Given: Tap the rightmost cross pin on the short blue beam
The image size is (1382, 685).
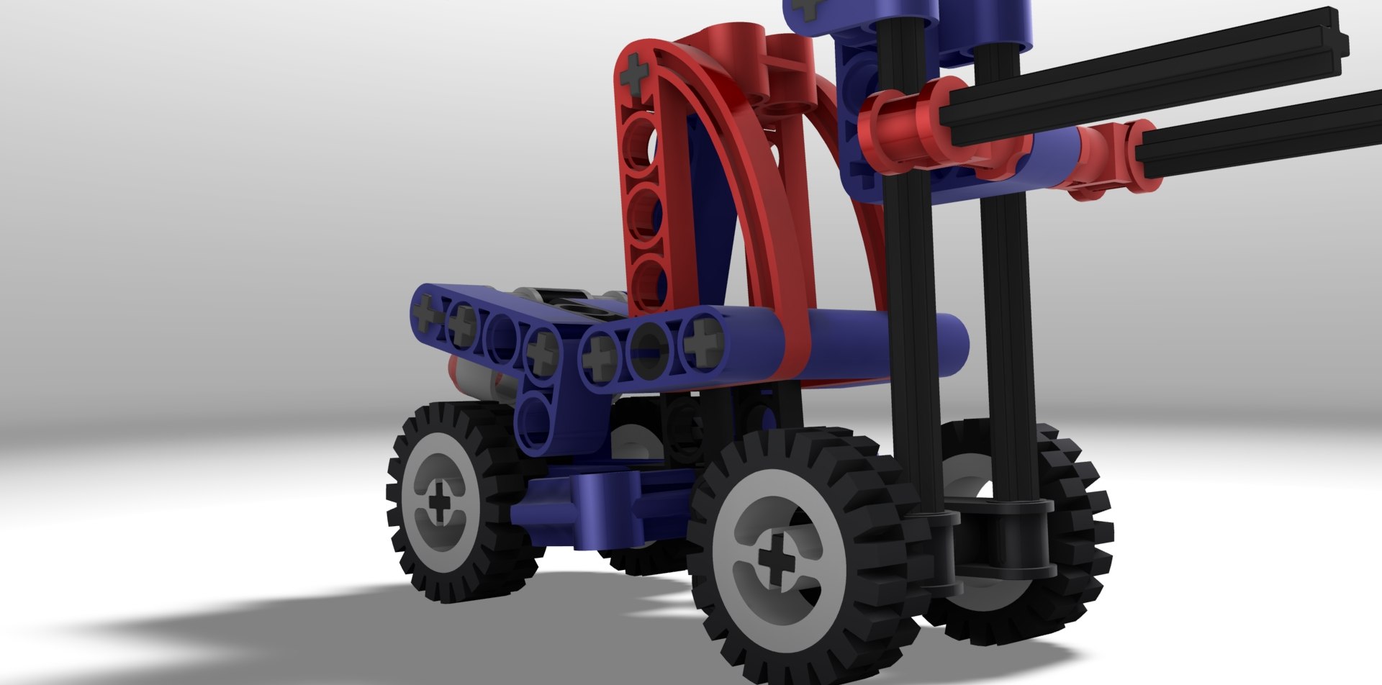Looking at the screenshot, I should (697, 342).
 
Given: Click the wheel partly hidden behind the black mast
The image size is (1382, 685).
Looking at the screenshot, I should (1065, 532).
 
